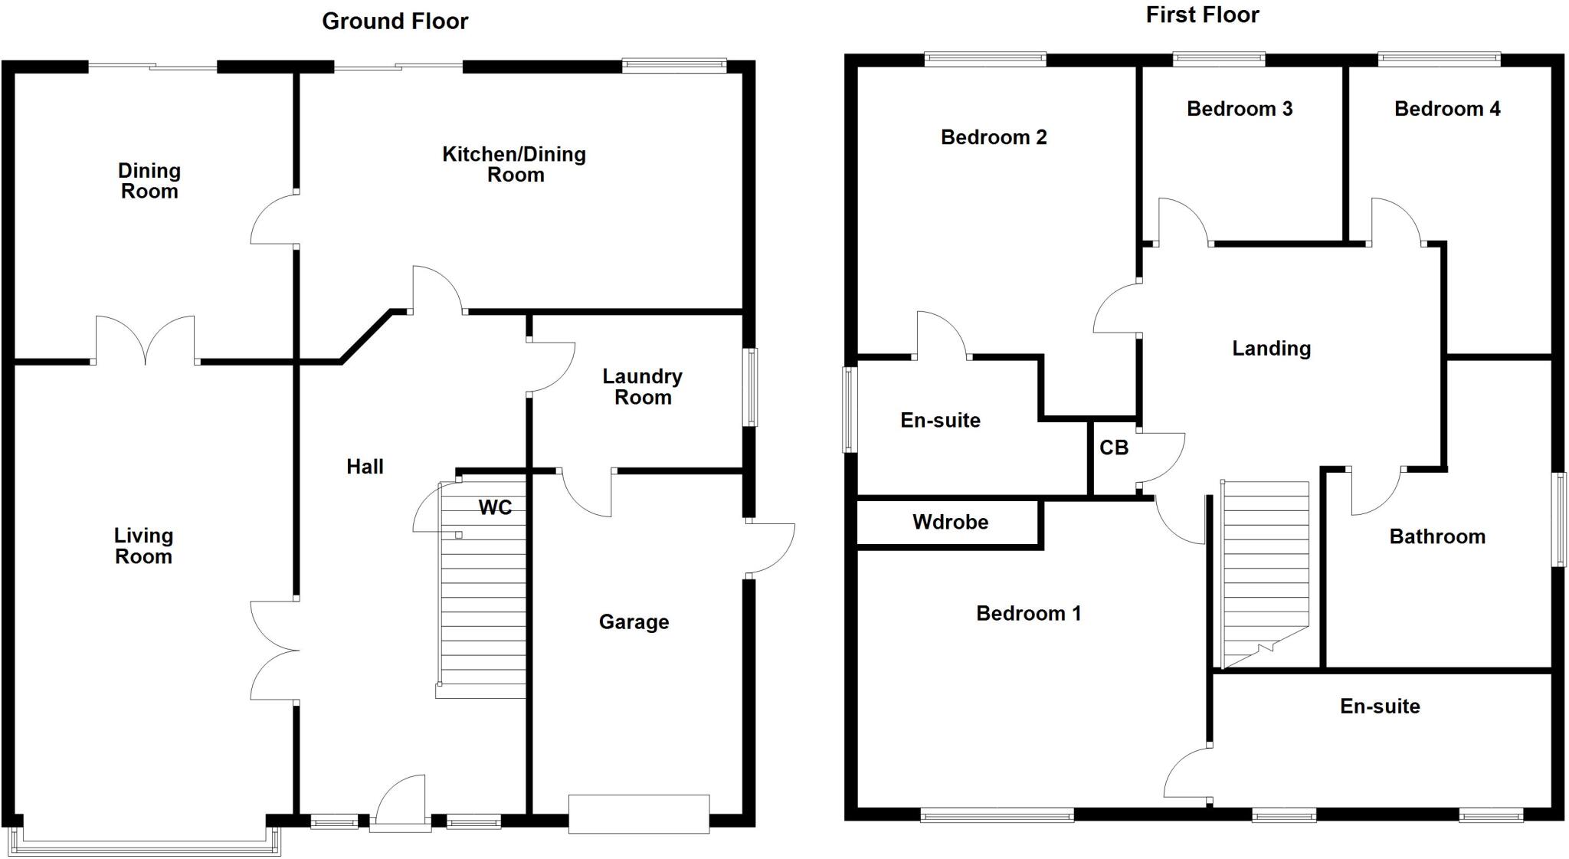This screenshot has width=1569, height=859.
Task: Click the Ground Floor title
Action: pyautogui.click(x=395, y=21)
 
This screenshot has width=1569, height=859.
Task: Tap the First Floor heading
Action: pyautogui.click(x=1202, y=15)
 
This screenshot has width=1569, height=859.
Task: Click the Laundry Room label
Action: pyautogui.click(x=642, y=387)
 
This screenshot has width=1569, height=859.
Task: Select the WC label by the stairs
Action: pyautogui.click(x=495, y=507)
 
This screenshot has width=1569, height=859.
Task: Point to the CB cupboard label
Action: pyautogui.click(x=1114, y=448)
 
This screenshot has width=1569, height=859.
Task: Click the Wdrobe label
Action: pyautogui.click(x=950, y=523)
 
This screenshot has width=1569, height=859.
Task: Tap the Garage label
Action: pyautogui.click(x=634, y=622)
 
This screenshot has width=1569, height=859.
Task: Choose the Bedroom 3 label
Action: pyautogui.click(x=1240, y=109)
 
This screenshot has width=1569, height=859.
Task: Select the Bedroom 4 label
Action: pyautogui.click(x=1447, y=109)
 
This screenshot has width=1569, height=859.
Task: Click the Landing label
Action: pyautogui.click(x=1271, y=349)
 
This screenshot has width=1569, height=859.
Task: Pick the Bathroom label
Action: pyautogui.click(x=1437, y=536)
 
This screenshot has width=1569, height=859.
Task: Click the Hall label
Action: pyautogui.click(x=365, y=467)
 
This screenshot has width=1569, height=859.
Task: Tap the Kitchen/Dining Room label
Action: pyautogui.click(x=515, y=165)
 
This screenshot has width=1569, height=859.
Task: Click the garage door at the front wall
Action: pyautogui.click(x=638, y=814)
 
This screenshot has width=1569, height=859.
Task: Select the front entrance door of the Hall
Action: pyautogui.click(x=401, y=805)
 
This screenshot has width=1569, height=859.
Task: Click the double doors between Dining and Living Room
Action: pyautogui.click(x=146, y=341)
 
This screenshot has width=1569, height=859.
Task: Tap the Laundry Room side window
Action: pyautogui.click(x=752, y=387)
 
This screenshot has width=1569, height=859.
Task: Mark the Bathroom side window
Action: pyautogui.click(x=1559, y=520)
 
